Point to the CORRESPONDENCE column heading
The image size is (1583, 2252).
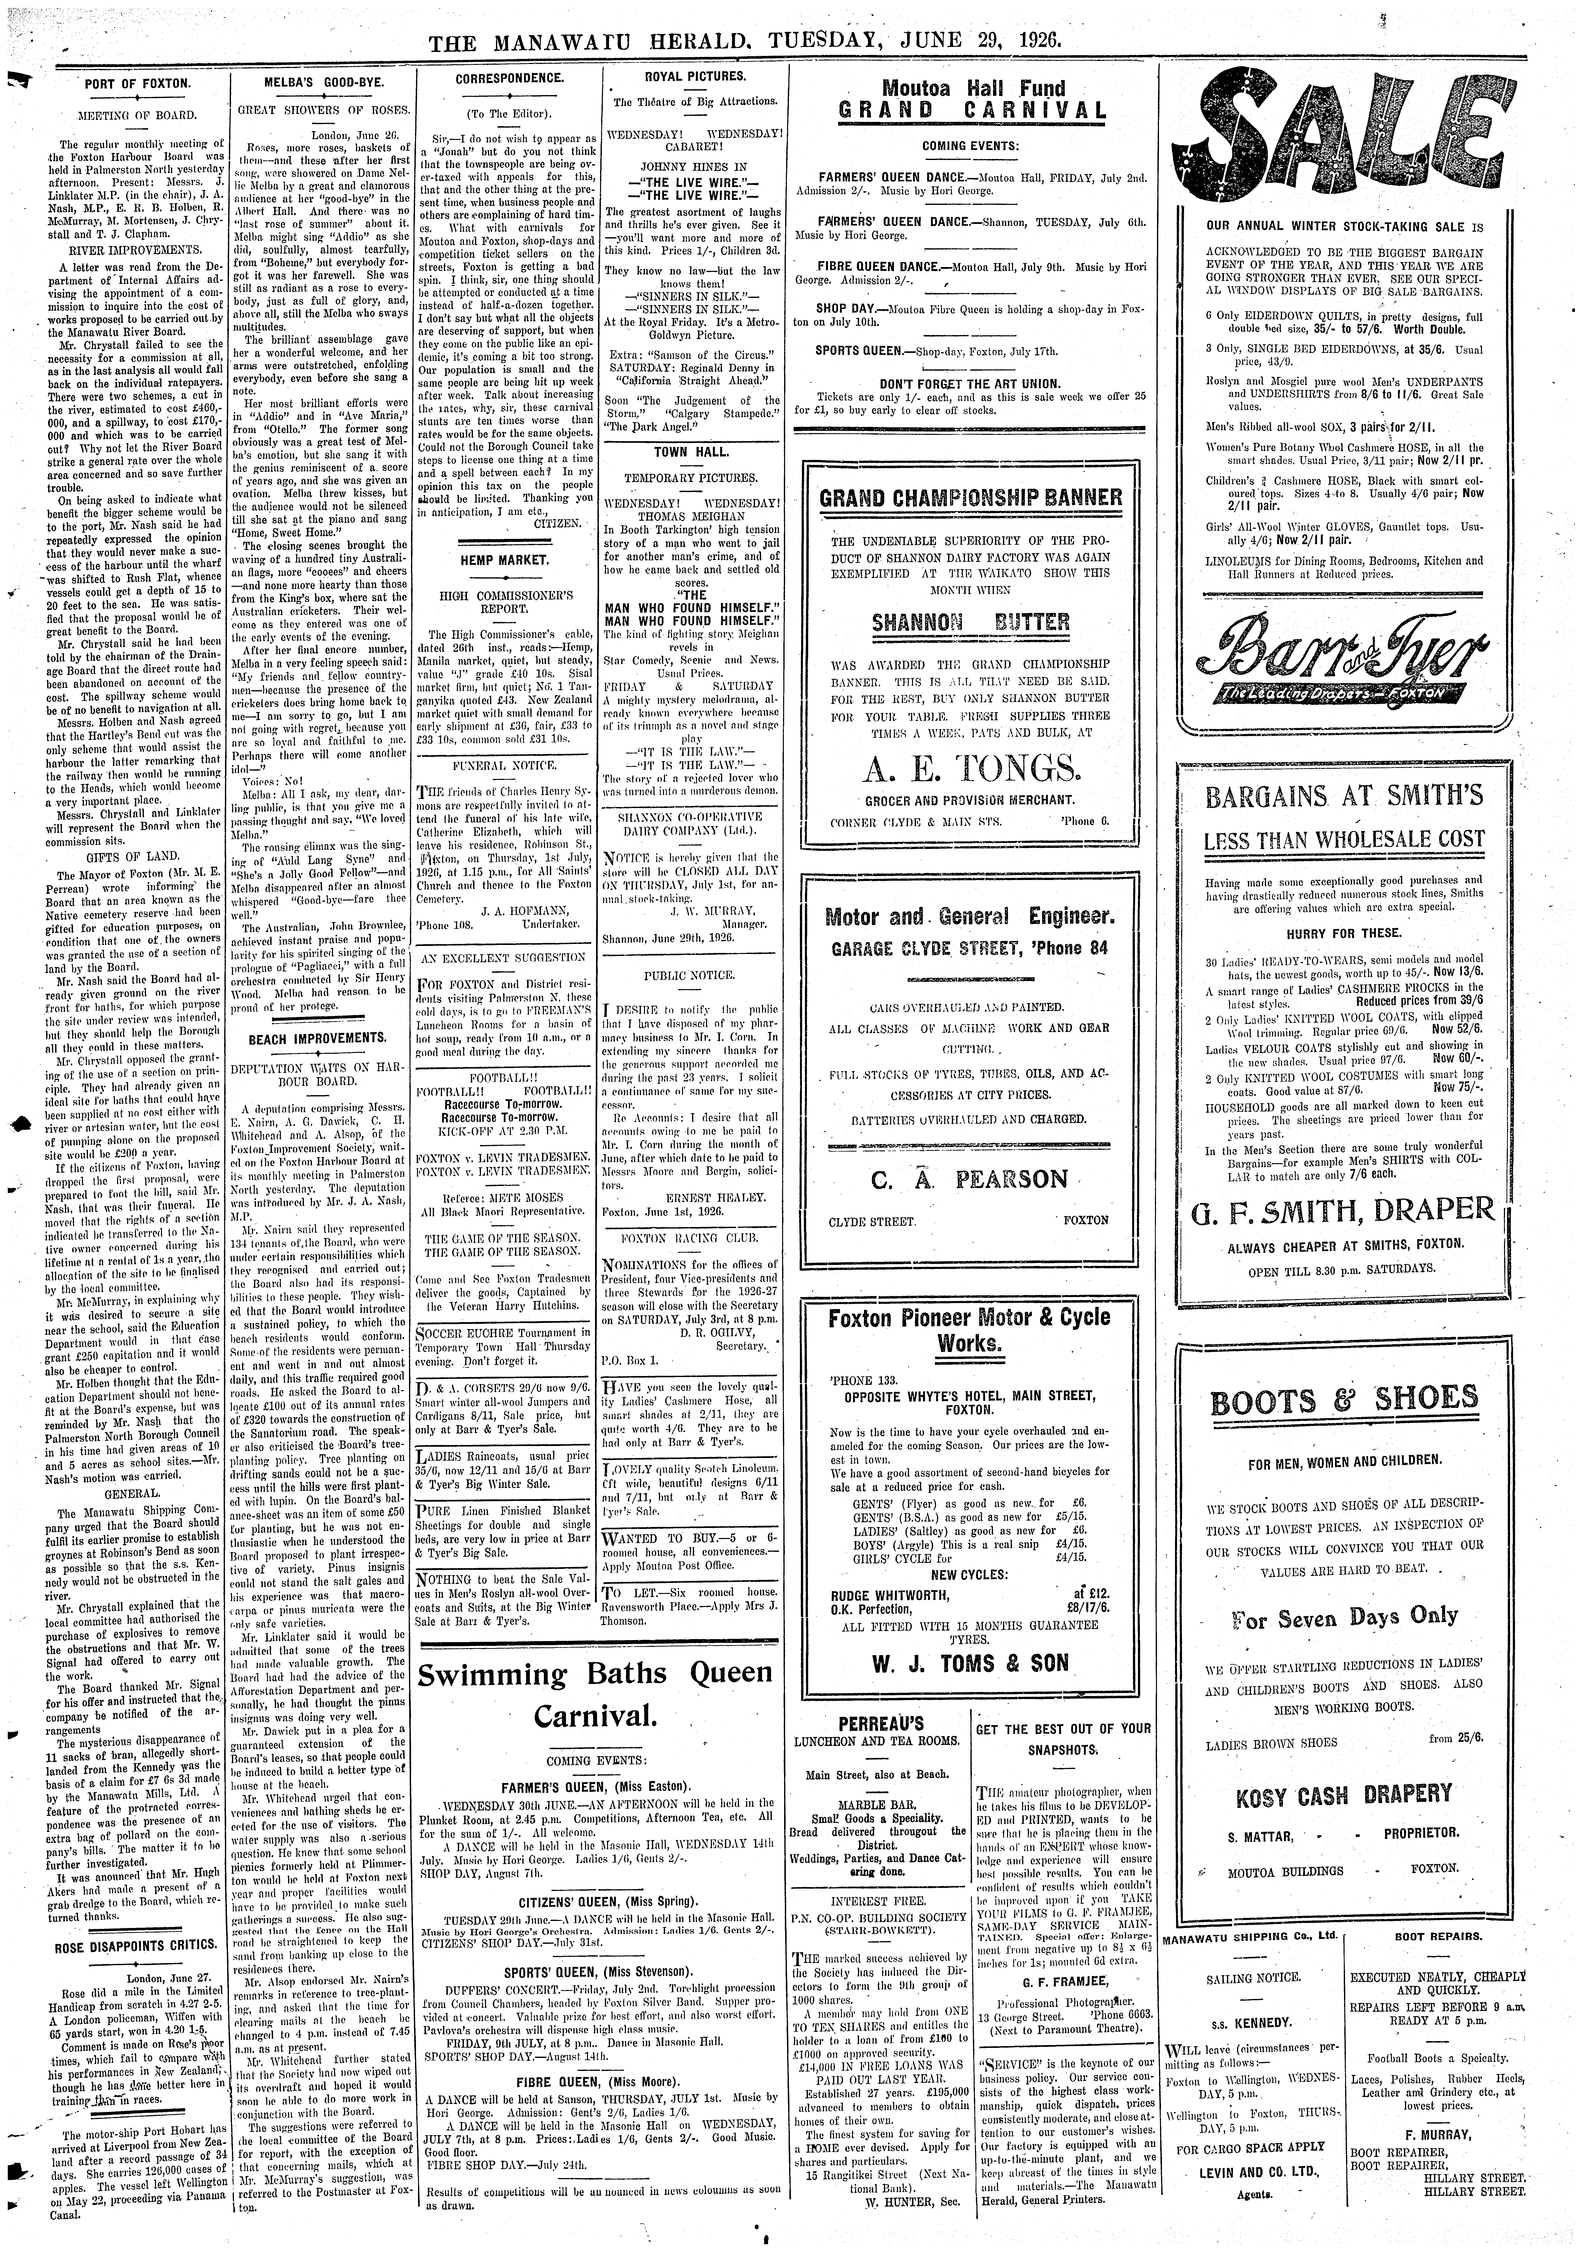tap(509, 77)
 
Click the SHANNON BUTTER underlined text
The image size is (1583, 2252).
tap(970, 622)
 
